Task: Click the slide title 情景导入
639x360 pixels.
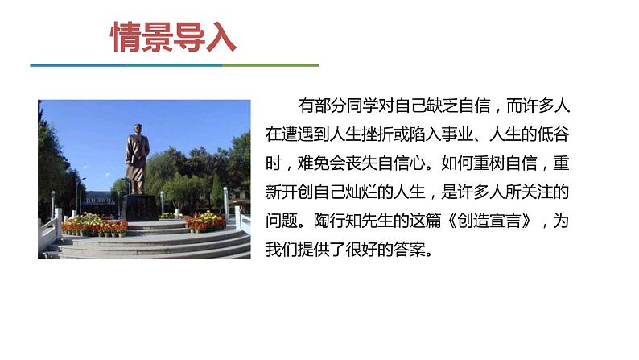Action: coord(172,38)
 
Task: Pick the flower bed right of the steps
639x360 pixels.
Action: coord(206,221)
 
